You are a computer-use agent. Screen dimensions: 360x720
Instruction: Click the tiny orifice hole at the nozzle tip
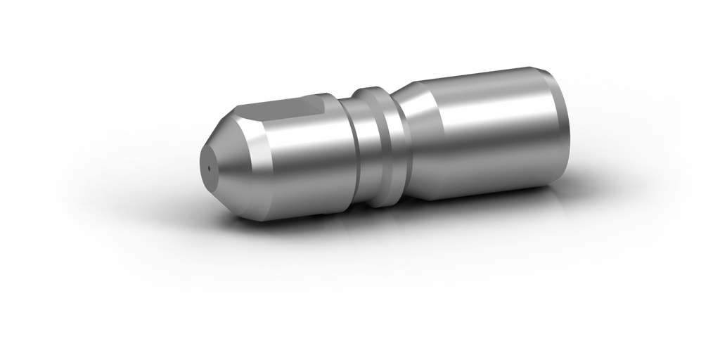pos(210,169)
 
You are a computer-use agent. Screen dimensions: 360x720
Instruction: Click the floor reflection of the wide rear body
pos(492,253)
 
